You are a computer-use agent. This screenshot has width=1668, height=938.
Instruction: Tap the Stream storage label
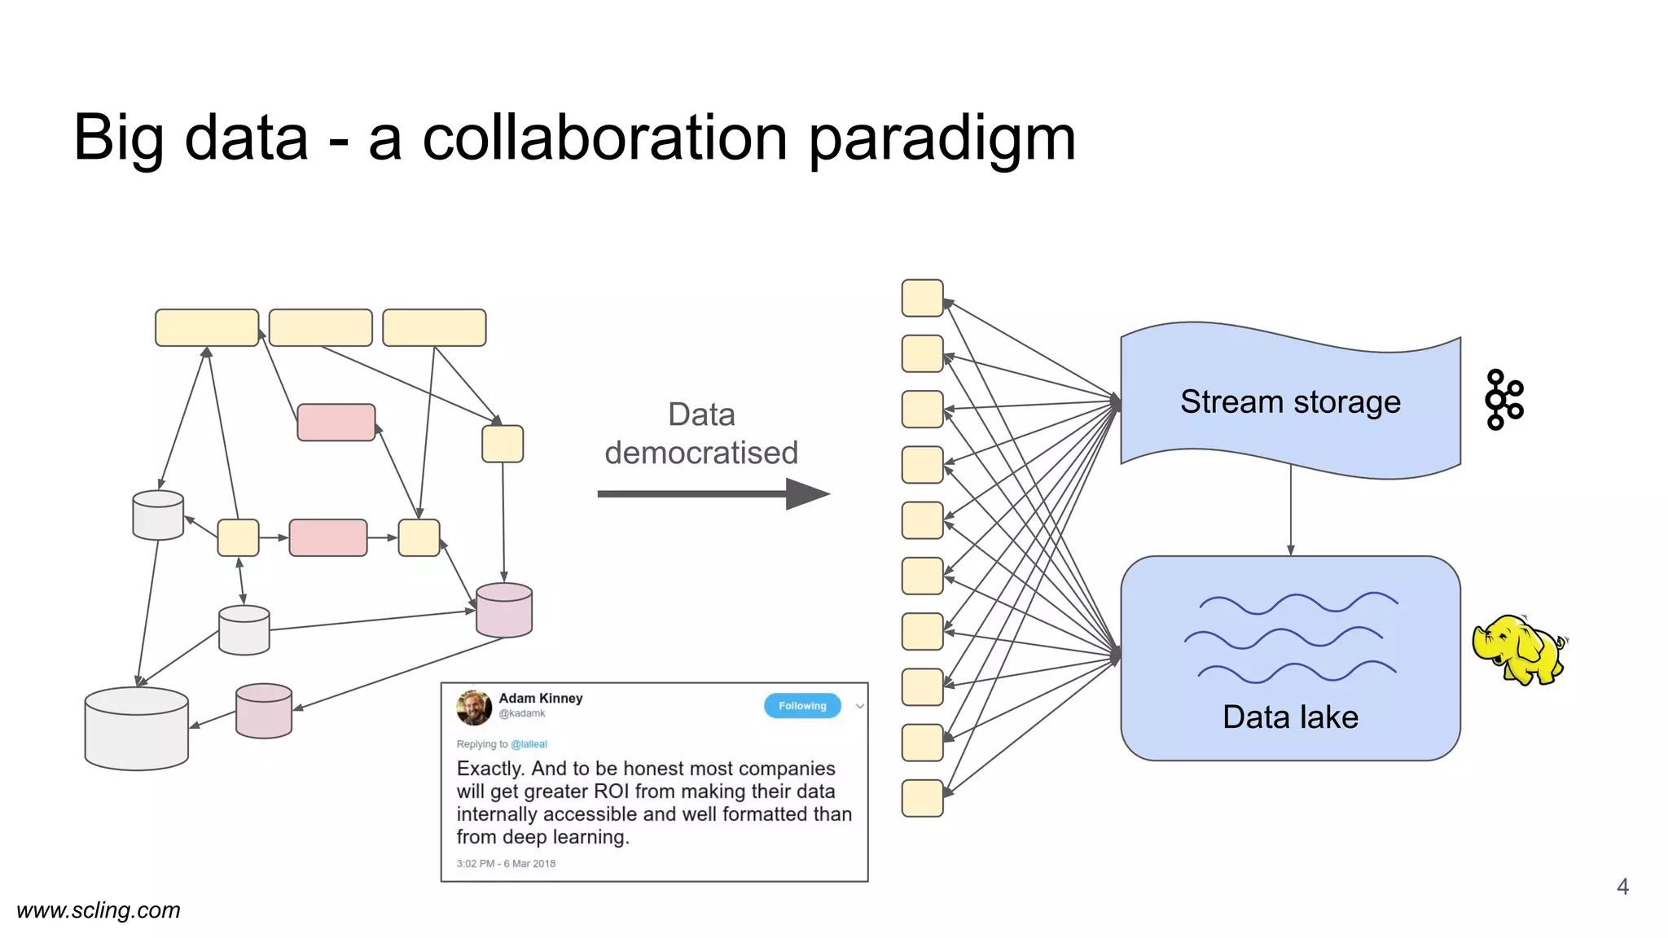pos(1290,402)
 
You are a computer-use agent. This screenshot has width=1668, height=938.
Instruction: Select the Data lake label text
pos(1290,717)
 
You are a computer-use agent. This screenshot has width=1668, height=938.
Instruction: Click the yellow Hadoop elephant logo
pos(1518,650)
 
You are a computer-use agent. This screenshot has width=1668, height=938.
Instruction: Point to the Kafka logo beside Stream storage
pos(1503,400)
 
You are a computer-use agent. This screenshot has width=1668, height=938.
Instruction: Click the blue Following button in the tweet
pos(801,706)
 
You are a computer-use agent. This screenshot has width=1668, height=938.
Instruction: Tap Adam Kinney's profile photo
pos(474,707)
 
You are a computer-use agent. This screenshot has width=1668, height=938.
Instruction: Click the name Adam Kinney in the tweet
pos(540,699)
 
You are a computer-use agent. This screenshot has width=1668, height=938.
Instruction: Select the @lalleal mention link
pos(529,744)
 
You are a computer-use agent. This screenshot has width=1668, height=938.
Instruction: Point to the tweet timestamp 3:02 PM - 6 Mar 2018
pos(506,863)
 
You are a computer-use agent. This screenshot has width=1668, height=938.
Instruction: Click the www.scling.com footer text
pos(99,910)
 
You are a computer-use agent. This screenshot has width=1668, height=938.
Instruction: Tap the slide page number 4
pos(1622,887)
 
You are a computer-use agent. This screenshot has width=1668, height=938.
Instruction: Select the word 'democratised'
pos(700,453)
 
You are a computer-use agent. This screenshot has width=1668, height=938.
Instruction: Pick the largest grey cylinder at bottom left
pos(137,729)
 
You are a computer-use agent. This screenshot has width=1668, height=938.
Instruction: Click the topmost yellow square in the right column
pos(922,298)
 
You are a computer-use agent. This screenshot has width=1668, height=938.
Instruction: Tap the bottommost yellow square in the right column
pos(922,798)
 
